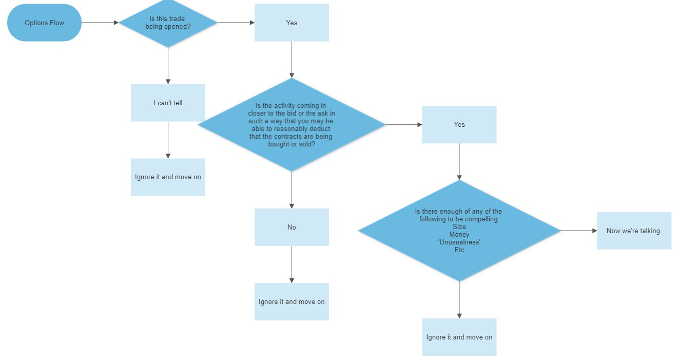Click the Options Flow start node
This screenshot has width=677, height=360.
pyautogui.click(x=44, y=23)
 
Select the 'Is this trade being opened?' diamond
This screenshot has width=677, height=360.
pyautogui.click(x=168, y=23)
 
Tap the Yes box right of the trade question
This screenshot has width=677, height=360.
pyautogui.click(x=292, y=23)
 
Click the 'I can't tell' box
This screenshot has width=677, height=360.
pyautogui.click(x=168, y=103)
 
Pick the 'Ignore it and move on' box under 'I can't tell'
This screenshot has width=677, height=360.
pyautogui.click(x=168, y=177)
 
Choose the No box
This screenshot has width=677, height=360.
pyautogui.click(x=292, y=227)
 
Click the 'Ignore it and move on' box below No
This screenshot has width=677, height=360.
pyautogui.click(x=292, y=301)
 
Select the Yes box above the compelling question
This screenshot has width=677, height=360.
pyautogui.click(x=459, y=124)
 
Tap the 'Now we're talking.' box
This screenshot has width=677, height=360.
pyautogui.click(x=634, y=231)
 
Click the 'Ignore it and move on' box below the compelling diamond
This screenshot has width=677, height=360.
pyautogui.click(x=459, y=337)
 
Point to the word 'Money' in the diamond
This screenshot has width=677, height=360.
pyautogui.click(x=459, y=235)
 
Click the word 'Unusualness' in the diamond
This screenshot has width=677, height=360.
pyautogui.click(x=459, y=242)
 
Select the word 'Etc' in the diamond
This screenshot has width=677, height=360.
pyautogui.click(x=459, y=250)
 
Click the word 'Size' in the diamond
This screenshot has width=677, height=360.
pyautogui.click(x=459, y=226)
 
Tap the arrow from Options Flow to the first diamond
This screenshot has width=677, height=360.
pyautogui.click(x=100, y=23)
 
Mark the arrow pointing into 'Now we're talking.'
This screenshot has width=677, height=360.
pyautogui.click(x=578, y=231)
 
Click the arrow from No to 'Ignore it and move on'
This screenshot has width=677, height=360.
pyautogui.click(x=292, y=264)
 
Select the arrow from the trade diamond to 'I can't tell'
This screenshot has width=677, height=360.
pyautogui.click(x=168, y=66)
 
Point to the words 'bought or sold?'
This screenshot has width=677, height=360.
pyautogui.click(x=292, y=144)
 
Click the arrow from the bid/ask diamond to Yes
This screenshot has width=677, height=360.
pyautogui.click(x=404, y=124)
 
